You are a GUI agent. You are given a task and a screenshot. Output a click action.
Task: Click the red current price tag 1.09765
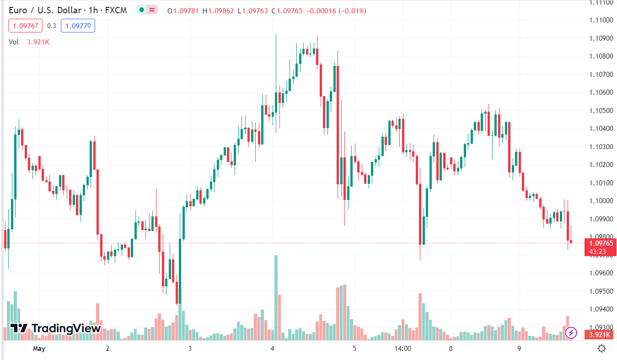(601, 243)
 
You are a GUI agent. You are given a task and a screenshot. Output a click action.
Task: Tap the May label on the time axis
(39, 349)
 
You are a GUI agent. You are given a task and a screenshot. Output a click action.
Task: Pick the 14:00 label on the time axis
(402, 349)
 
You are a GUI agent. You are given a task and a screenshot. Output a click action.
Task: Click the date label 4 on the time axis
(272, 349)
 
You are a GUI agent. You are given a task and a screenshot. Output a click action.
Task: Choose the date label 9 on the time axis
(519, 349)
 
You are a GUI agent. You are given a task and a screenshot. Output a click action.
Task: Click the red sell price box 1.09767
(25, 26)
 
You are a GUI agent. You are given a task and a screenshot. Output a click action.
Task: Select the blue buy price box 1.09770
(77, 26)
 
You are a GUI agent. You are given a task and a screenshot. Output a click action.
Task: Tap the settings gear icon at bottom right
(602, 349)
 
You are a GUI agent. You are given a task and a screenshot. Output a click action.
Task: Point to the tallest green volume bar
(276, 297)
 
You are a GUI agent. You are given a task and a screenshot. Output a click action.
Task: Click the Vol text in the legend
(14, 42)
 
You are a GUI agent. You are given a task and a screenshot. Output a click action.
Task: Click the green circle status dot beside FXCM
(142, 10)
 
